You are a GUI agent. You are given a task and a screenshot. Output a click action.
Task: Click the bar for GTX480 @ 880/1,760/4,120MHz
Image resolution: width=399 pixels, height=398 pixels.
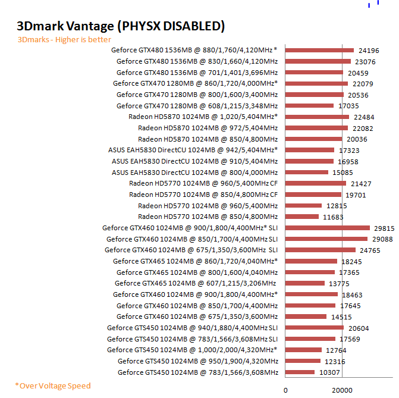(x=319, y=51)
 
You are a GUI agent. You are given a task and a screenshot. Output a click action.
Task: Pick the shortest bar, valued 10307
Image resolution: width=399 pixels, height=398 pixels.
(x=300, y=372)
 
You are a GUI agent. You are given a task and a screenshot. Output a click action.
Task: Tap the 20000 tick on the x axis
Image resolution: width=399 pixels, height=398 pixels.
(x=341, y=390)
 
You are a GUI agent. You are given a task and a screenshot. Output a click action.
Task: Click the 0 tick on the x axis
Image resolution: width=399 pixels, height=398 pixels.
(x=285, y=390)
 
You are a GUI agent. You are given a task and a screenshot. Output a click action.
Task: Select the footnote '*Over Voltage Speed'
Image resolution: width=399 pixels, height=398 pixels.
(x=53, y=386)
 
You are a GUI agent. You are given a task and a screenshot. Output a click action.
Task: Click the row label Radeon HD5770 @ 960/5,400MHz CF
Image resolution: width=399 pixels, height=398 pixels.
(x=203, y=183)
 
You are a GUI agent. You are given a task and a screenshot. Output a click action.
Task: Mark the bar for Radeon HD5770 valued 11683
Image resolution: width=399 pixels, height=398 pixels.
(x=302, y=217)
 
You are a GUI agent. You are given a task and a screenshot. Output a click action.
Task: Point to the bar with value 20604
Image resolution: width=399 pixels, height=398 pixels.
(x=315, y=328)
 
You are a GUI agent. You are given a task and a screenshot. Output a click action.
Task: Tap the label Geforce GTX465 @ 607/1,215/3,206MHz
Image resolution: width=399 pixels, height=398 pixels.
(x=196, y=283)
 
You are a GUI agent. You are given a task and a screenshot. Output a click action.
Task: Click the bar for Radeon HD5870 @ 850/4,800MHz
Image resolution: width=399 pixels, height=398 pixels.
(x=313, y=139)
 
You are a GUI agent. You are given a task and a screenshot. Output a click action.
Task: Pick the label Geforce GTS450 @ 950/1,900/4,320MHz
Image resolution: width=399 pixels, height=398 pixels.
(x=197, y=361)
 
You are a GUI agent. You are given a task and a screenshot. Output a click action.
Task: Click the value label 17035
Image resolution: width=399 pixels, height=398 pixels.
(x=349, y=106)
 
